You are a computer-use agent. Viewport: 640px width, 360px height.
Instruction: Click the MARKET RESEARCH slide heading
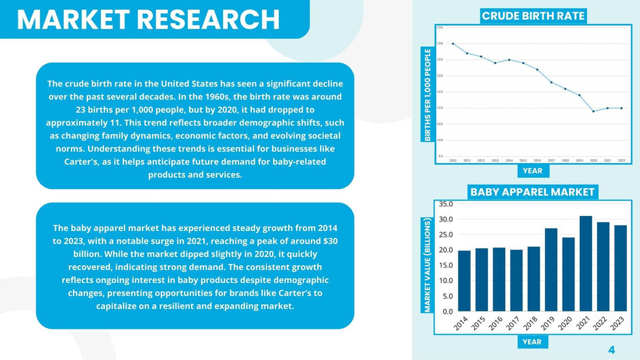[x=148, y=19]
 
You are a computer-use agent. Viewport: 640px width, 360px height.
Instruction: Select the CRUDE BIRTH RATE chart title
[x=534, y=16]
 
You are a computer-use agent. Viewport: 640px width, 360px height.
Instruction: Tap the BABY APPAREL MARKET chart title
[x=533, y=192]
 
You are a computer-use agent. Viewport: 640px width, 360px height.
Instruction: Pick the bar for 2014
[x=464, y=281]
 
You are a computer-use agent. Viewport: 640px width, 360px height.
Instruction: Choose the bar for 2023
[x=621, y=269]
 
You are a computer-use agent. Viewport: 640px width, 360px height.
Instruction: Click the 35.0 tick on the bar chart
[x=446, y=204]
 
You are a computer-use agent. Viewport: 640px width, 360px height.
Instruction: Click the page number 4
[x=611, y=350]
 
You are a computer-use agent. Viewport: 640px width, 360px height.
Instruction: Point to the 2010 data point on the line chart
[x=453, y=44]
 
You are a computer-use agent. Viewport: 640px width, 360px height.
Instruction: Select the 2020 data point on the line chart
[x=593, y=111]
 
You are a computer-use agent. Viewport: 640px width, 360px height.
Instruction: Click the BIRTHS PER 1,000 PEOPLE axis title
[x=428, y=95]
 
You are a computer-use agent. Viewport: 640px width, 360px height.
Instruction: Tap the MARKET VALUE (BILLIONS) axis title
[x=428, y=266]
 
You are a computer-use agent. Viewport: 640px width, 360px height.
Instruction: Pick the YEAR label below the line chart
[x=532, y=170]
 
